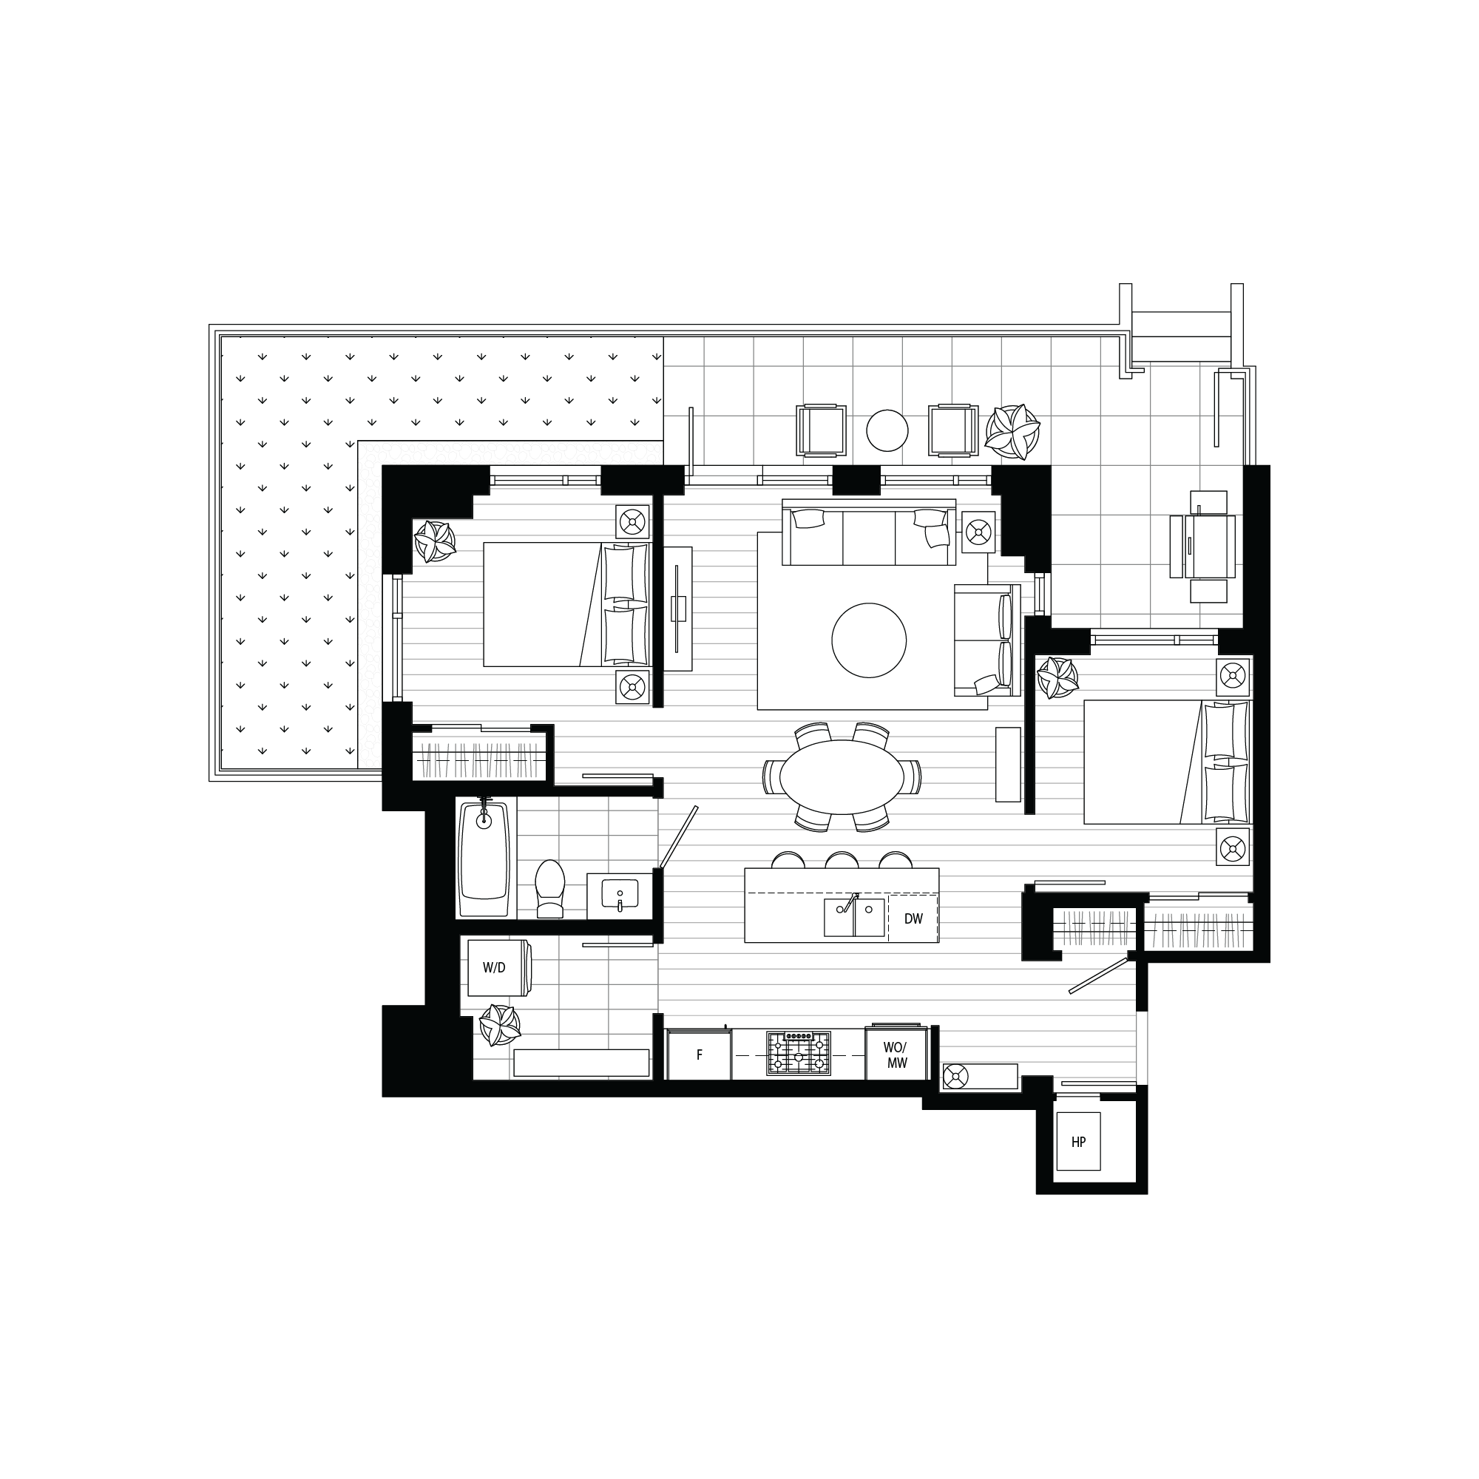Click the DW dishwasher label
click(913, 918)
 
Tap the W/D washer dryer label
click(494, 967)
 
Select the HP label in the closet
click(1078, 1143)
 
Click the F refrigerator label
click(700, 1055)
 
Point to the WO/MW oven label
click(896, 1055)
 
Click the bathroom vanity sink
click(620, 895)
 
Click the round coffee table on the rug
click(869, 640)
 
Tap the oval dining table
click(842, 777)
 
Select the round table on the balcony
click(887, 431)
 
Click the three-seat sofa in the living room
click(869, 532)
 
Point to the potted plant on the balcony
click(1012, 430)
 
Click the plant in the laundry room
click(499, 1026)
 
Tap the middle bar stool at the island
click(842, 861)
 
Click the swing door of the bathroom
click(678, 836)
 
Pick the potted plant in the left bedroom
click(434, 541)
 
